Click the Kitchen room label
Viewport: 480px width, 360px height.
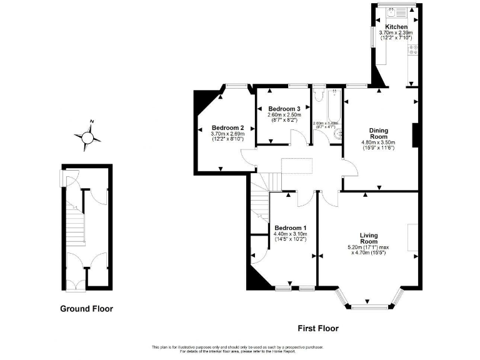pyautogui.click(x=396, y=27)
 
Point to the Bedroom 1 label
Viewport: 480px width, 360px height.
pyautogui.click(x=290, y=227)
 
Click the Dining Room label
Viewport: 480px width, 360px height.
pyautogui.click(x=379, y=133)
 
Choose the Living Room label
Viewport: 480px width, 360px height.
pyautogui.click(x=369, y=238)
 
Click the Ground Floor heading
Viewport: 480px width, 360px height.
pyautogui.click(x=86, y=308)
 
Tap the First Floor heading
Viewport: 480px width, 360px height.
pyautogui.click(x=317, y=328)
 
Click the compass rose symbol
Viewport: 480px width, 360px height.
pyautogui.click(x=87, y=136)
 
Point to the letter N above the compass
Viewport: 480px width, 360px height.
pyautogui.click(x=92, y=122)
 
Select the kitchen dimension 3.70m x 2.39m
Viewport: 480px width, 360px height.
pyautogui.click(x=396, y=33)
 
